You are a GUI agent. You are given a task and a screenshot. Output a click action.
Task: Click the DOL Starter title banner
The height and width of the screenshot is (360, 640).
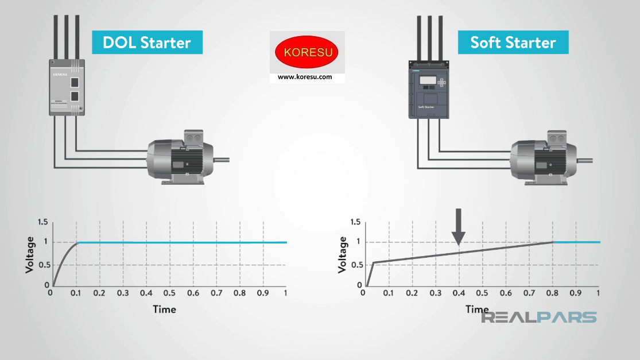tap(147, 42)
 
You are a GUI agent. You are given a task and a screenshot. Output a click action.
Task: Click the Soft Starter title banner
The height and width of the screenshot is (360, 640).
tap(513, 42)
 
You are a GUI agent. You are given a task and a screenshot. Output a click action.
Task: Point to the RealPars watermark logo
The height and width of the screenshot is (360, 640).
tap(538, 318)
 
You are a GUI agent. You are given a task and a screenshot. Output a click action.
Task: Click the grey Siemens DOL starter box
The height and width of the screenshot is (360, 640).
tap(68, 87)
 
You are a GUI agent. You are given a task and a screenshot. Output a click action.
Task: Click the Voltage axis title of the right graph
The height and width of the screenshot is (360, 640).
tap(343, 253)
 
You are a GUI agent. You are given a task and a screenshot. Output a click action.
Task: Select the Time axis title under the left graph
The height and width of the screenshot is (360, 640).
tap(164, 309)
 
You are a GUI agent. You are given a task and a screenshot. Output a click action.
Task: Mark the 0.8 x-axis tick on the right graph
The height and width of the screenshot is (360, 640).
tap(553, 293)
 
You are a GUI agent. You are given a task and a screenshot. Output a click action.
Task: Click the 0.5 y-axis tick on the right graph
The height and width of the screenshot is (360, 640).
tap(355, 265)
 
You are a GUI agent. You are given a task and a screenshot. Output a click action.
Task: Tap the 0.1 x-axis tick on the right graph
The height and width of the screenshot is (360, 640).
tap(388, 293)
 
